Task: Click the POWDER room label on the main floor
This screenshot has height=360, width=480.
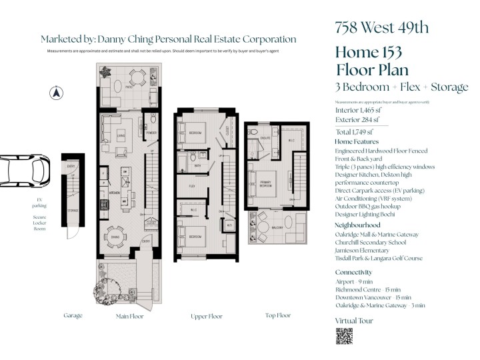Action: [151, 133]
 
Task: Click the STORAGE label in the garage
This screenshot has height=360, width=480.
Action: [73, 211]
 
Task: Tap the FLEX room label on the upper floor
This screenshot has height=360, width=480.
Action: [191, 186]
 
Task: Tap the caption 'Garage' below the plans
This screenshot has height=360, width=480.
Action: [73, 315]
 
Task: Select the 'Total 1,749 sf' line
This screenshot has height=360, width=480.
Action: [355, 132]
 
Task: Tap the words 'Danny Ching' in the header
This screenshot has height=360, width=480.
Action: [121, 40]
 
